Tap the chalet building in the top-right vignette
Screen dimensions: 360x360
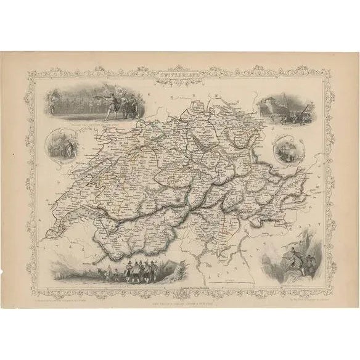(x=271, y=105)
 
